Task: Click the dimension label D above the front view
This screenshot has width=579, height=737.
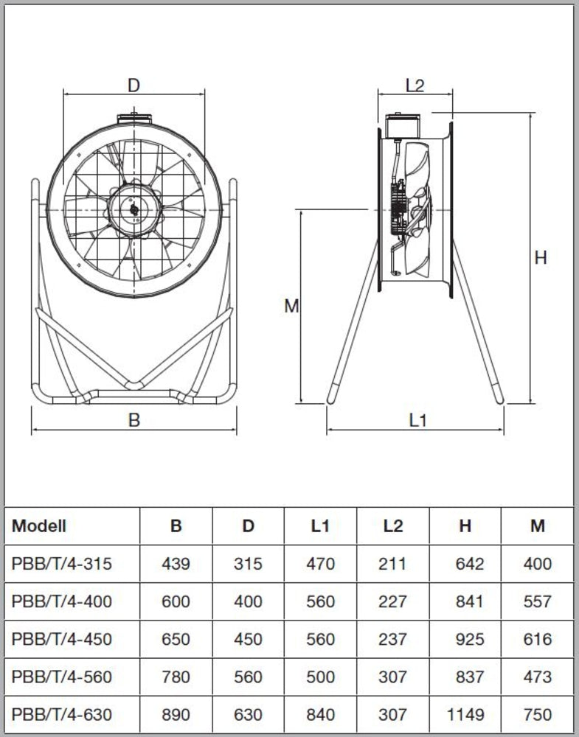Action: pyautogui.click(x=134, y=85)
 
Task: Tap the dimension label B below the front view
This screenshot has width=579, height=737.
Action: pyautogui.click(x=134, y=420)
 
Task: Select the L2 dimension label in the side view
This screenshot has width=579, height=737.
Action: pyautogui.click(x=415, y=85)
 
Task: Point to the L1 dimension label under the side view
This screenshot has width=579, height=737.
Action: pyautogui.click(x=417, y=420)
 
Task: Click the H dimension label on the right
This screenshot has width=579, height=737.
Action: pyautogui.click(x=541, y=258)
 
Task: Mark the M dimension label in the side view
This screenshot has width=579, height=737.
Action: pyautogui.click(x=291, y=306)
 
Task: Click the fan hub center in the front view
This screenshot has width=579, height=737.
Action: pyautogui.click(x=134, y=209)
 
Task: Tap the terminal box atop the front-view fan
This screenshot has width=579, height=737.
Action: pyautogui.click(x=134, y=117)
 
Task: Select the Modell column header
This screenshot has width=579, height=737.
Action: pyautogui.click(x=38, y=526)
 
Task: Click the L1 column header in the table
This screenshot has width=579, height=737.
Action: pyautogui.click(x=320, y=526)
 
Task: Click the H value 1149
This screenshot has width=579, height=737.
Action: pyautogui.click(x=465, y=714)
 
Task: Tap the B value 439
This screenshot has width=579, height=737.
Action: pyautogui.click(x=176, y=564)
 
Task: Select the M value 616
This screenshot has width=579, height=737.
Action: pyautogui.click(x=537, y=639)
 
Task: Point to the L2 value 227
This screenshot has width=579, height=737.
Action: pyautogui.click(x=392, y=601)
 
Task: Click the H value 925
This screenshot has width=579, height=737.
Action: pyautogui.click(x=470, y=639)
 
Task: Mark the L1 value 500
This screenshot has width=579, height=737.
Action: pyautogui.click(x=320, y=677)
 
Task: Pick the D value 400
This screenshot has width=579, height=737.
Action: pyautogui.click(x=248, y=601)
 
